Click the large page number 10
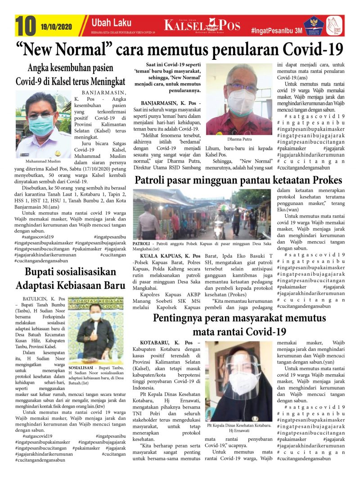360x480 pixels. coord(26,26)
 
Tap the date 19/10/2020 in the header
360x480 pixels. coord(59,26)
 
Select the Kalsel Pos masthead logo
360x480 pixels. coord(202,26)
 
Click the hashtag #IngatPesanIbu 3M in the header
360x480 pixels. coord(276,31)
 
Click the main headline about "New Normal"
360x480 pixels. coord(180,49)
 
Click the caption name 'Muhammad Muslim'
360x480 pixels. coord(44,161)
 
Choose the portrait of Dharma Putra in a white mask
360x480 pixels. coord(239,99)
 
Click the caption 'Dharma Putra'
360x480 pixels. coord(239,139)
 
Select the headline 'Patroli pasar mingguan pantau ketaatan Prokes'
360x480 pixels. coord(238,180)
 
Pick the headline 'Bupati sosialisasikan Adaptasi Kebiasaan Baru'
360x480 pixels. coord(70,278)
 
